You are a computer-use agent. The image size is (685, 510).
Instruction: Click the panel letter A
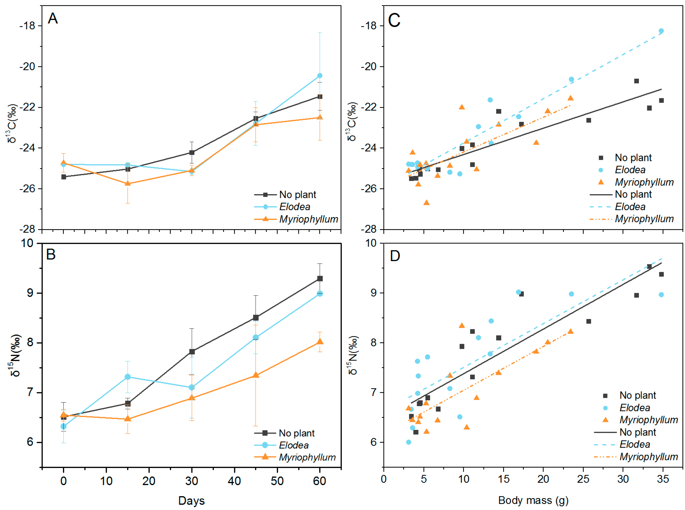click(x=53, y=18)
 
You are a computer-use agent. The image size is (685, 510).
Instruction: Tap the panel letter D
click(x=395, y=256)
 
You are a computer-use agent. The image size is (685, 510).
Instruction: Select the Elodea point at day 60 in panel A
click(x=320, y=76)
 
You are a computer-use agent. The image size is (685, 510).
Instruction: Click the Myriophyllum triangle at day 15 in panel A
click(x=128, y=183)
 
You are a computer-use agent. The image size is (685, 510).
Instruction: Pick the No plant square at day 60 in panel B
click(x=320, y=278)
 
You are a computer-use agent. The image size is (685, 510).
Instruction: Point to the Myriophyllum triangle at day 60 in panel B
click(x=320, y=341)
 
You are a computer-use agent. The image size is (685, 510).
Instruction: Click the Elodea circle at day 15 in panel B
click(x=128, y=377)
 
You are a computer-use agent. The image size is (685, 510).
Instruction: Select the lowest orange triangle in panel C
click(x=427, y=202)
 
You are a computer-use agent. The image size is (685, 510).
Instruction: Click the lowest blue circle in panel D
click(x=409, y=442)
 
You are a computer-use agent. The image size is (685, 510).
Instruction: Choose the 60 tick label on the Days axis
click(x=320, y=481)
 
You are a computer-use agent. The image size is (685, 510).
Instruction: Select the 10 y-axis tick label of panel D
click(x=371, y=243)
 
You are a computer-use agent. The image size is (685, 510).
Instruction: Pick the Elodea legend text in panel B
click(x=294, y=445)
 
